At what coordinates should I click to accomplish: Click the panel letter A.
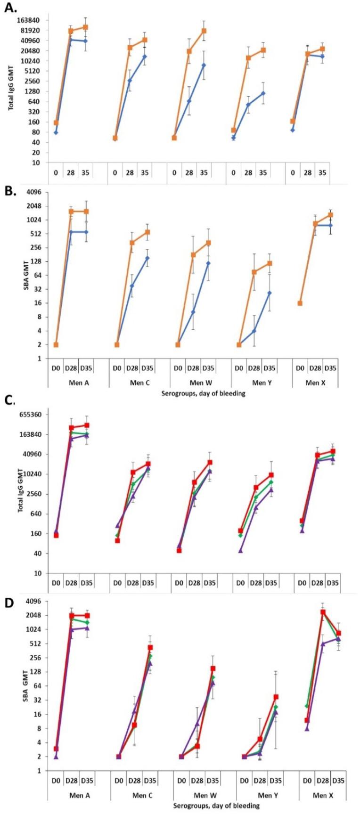[10, 8]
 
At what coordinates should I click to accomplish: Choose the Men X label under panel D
[323, 795]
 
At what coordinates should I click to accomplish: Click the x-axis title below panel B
[203, 393]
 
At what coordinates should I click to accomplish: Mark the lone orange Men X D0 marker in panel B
[300, 303]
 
